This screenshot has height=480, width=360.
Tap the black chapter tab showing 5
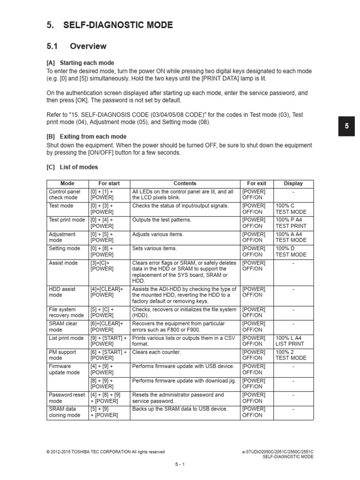347,127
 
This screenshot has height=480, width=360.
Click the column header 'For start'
109,183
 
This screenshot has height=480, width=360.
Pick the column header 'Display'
293,183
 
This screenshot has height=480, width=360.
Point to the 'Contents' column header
185,183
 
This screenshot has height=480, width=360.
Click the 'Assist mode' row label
63,263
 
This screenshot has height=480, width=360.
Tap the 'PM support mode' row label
63,355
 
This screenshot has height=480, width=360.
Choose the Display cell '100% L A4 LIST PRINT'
290,341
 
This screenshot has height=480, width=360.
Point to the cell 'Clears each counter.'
156,352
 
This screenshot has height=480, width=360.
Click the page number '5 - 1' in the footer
180,464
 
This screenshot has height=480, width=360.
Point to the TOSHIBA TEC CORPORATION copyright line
105,452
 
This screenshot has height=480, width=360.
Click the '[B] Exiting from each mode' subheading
86,136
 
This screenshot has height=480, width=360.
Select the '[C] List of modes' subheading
72,167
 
